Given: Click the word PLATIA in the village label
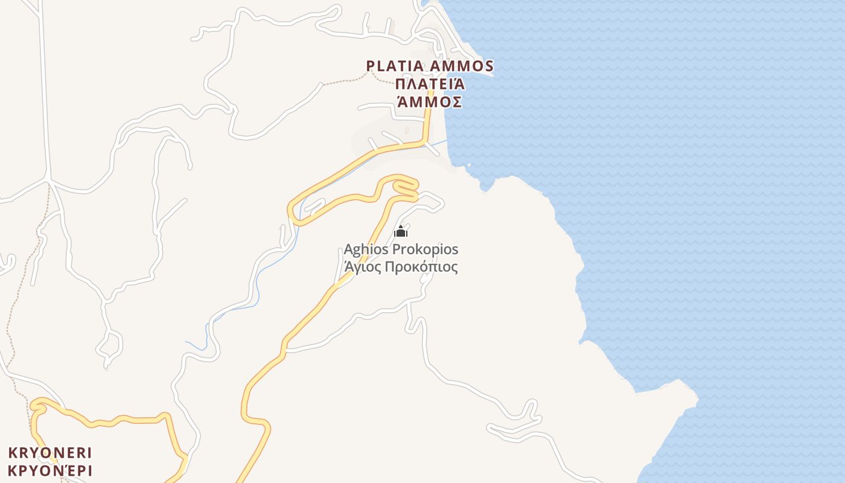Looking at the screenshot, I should pos(396,66).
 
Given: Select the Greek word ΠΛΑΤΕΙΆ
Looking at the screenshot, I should pos(430,83).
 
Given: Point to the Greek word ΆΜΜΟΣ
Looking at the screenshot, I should pos(430,101).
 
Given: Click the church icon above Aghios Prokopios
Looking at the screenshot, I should pos(401,232).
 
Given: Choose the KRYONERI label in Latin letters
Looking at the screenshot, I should pos(50,452).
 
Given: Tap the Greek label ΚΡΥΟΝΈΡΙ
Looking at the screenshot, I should pos(50,470).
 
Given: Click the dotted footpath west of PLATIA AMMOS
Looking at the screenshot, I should pos(344,81).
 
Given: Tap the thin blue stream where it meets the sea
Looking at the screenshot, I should pos(447,141).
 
